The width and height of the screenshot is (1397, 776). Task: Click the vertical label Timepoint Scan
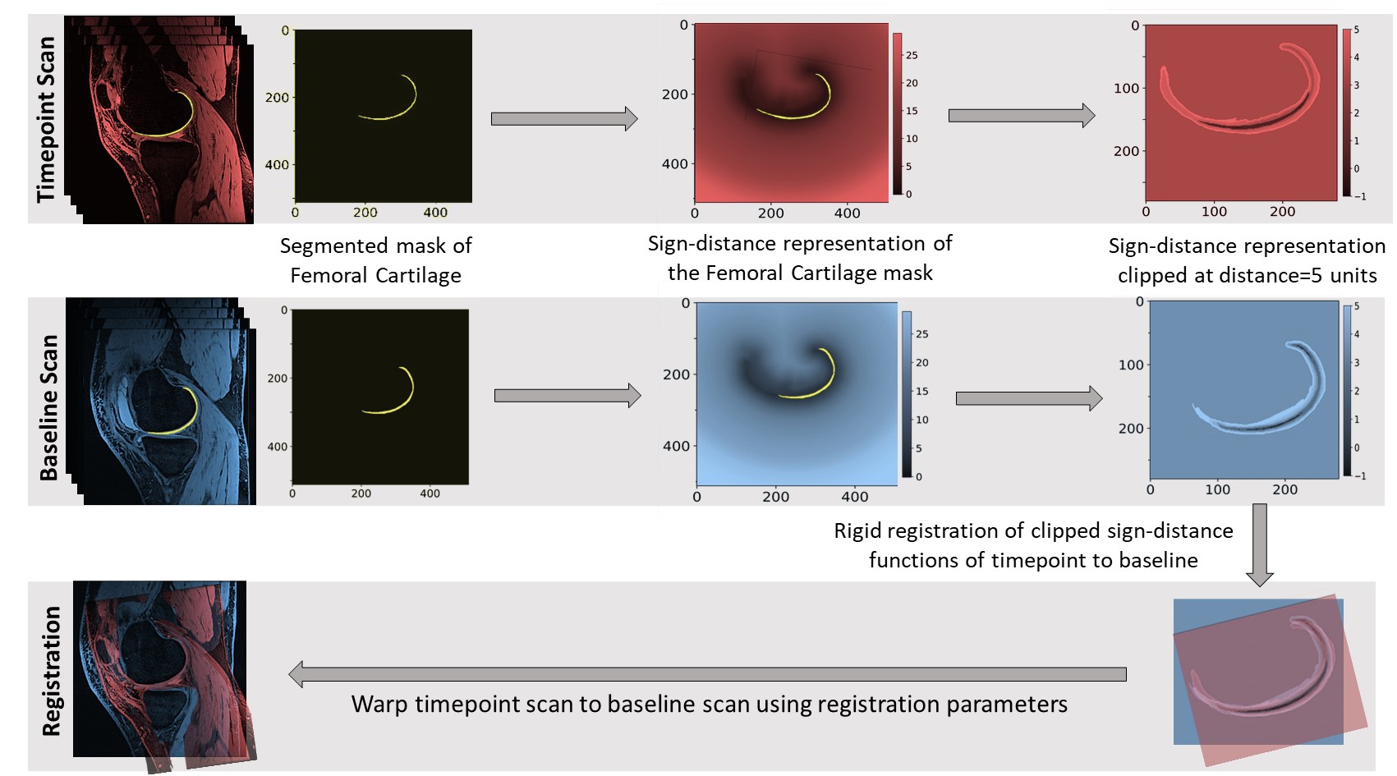[x=46, y=119]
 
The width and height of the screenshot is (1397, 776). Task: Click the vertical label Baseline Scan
[x=48, y=407]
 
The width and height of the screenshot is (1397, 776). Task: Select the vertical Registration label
[x=51, y=671]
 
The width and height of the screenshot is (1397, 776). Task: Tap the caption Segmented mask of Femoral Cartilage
[x=375, y=260]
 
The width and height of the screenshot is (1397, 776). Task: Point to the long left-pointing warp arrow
[x=706, y=674]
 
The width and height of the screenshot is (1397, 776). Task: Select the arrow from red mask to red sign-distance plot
[x=563, y=119]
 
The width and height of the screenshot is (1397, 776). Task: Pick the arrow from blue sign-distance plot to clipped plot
[x=1028, y=398]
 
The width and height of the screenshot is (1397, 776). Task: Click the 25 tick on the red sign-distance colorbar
[x=912, y=56]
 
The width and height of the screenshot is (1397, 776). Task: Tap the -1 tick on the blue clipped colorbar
[x=1360, y=476]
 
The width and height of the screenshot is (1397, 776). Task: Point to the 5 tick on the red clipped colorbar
[x=1356, y=30]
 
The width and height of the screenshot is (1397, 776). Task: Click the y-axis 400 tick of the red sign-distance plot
[x=674, y=164]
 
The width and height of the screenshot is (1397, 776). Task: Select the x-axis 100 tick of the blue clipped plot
[x=1217, y=490]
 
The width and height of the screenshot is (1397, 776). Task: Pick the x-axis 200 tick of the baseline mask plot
[x=361, y=494]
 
